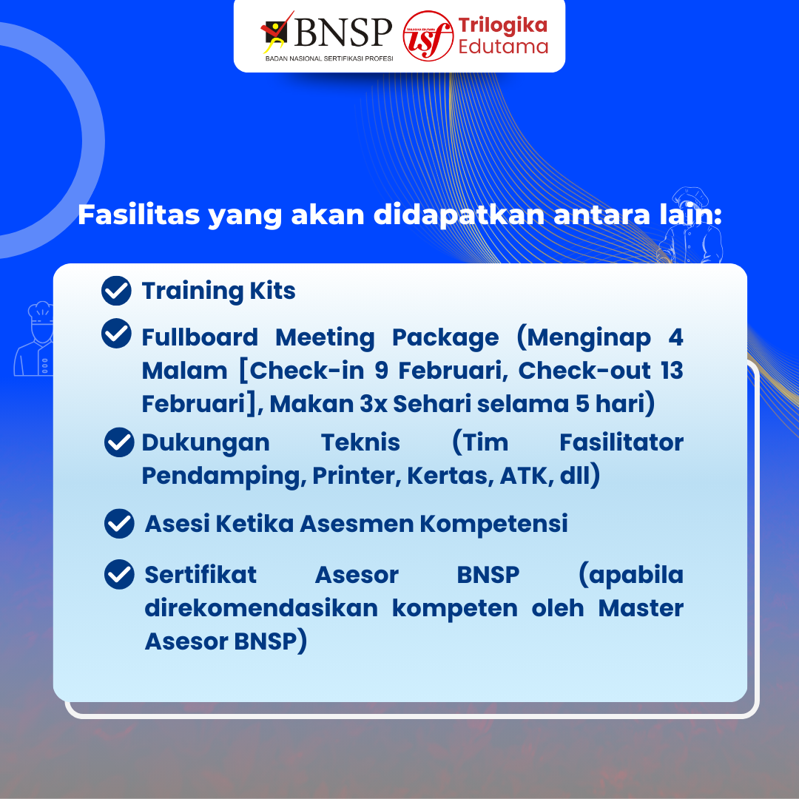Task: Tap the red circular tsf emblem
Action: [x=427, y=36]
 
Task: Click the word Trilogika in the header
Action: [x=502, y=25]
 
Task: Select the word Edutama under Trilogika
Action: [x=503, y=47]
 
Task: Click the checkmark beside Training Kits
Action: [x=116, y=291]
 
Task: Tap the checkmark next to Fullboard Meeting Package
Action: [x=116, y=334]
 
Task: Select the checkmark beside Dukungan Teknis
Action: [x=119, y=442]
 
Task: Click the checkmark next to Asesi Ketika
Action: [x=119, y=523]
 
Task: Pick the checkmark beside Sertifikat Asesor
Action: [x=119, y=574]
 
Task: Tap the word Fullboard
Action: [x=200, y=337]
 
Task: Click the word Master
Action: [x=641, y=608]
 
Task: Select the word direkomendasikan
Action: [x=261, y=608]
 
